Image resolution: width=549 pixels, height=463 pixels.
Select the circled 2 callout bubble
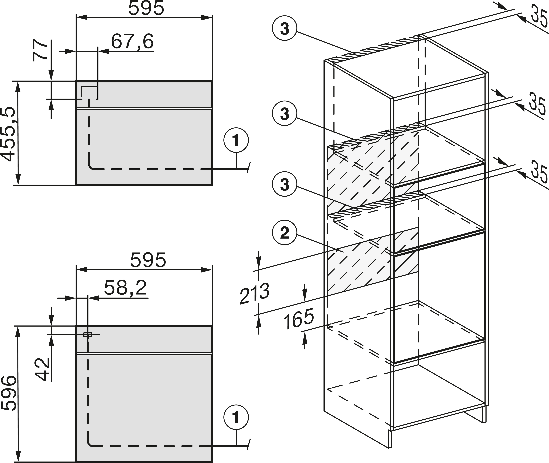[x=285, y=233]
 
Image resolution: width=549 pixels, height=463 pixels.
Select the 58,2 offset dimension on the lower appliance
[x=125, y=288]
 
